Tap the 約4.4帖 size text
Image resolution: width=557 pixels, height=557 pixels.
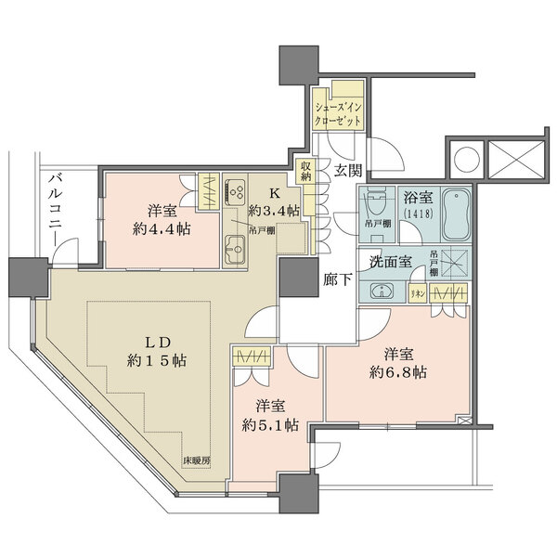tap(162, 228)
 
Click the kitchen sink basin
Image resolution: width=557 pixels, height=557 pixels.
tap(234, 248)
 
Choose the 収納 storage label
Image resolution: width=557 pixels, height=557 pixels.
tap(304, 171)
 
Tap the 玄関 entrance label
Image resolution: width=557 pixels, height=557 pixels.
tap(348, 170)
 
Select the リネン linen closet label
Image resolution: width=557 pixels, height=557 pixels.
tap(418, 293)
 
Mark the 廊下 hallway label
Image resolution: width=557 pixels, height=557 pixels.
tap(336, 279)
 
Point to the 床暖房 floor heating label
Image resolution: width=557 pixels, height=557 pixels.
tap(195, 460)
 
